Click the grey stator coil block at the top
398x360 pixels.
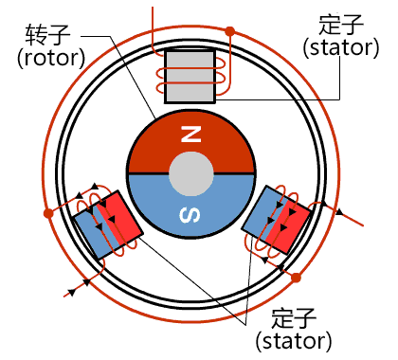[x=190, y=77]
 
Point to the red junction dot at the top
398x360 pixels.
[x=229, y=31]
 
